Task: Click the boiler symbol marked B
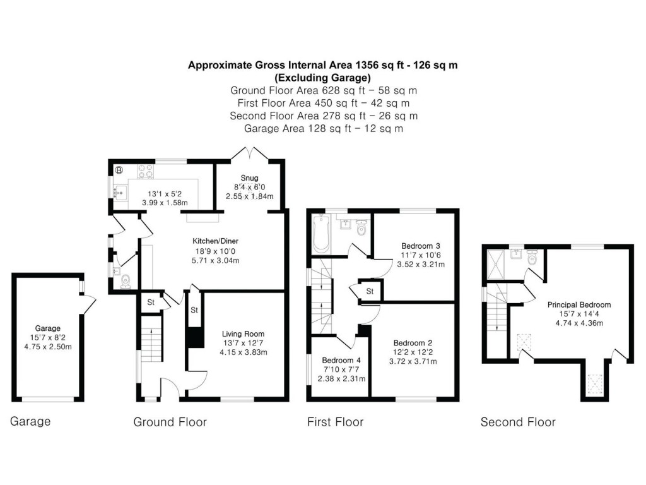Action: (119, 169)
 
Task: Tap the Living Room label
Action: (243, 334)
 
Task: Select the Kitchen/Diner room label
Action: (215, 241)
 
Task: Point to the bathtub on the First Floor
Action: (320, 234)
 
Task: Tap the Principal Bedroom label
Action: (579, 305)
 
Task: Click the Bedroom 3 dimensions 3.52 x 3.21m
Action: (421, 265)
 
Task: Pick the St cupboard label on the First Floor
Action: (370, 291)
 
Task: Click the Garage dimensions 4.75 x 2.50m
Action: (47, 347)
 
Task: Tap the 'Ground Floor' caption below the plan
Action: (170, 422)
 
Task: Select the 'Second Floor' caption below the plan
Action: (518, 422)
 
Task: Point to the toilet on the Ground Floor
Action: (126, 280)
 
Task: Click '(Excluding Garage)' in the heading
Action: (324, 78)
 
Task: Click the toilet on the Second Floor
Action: (531, 258)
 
